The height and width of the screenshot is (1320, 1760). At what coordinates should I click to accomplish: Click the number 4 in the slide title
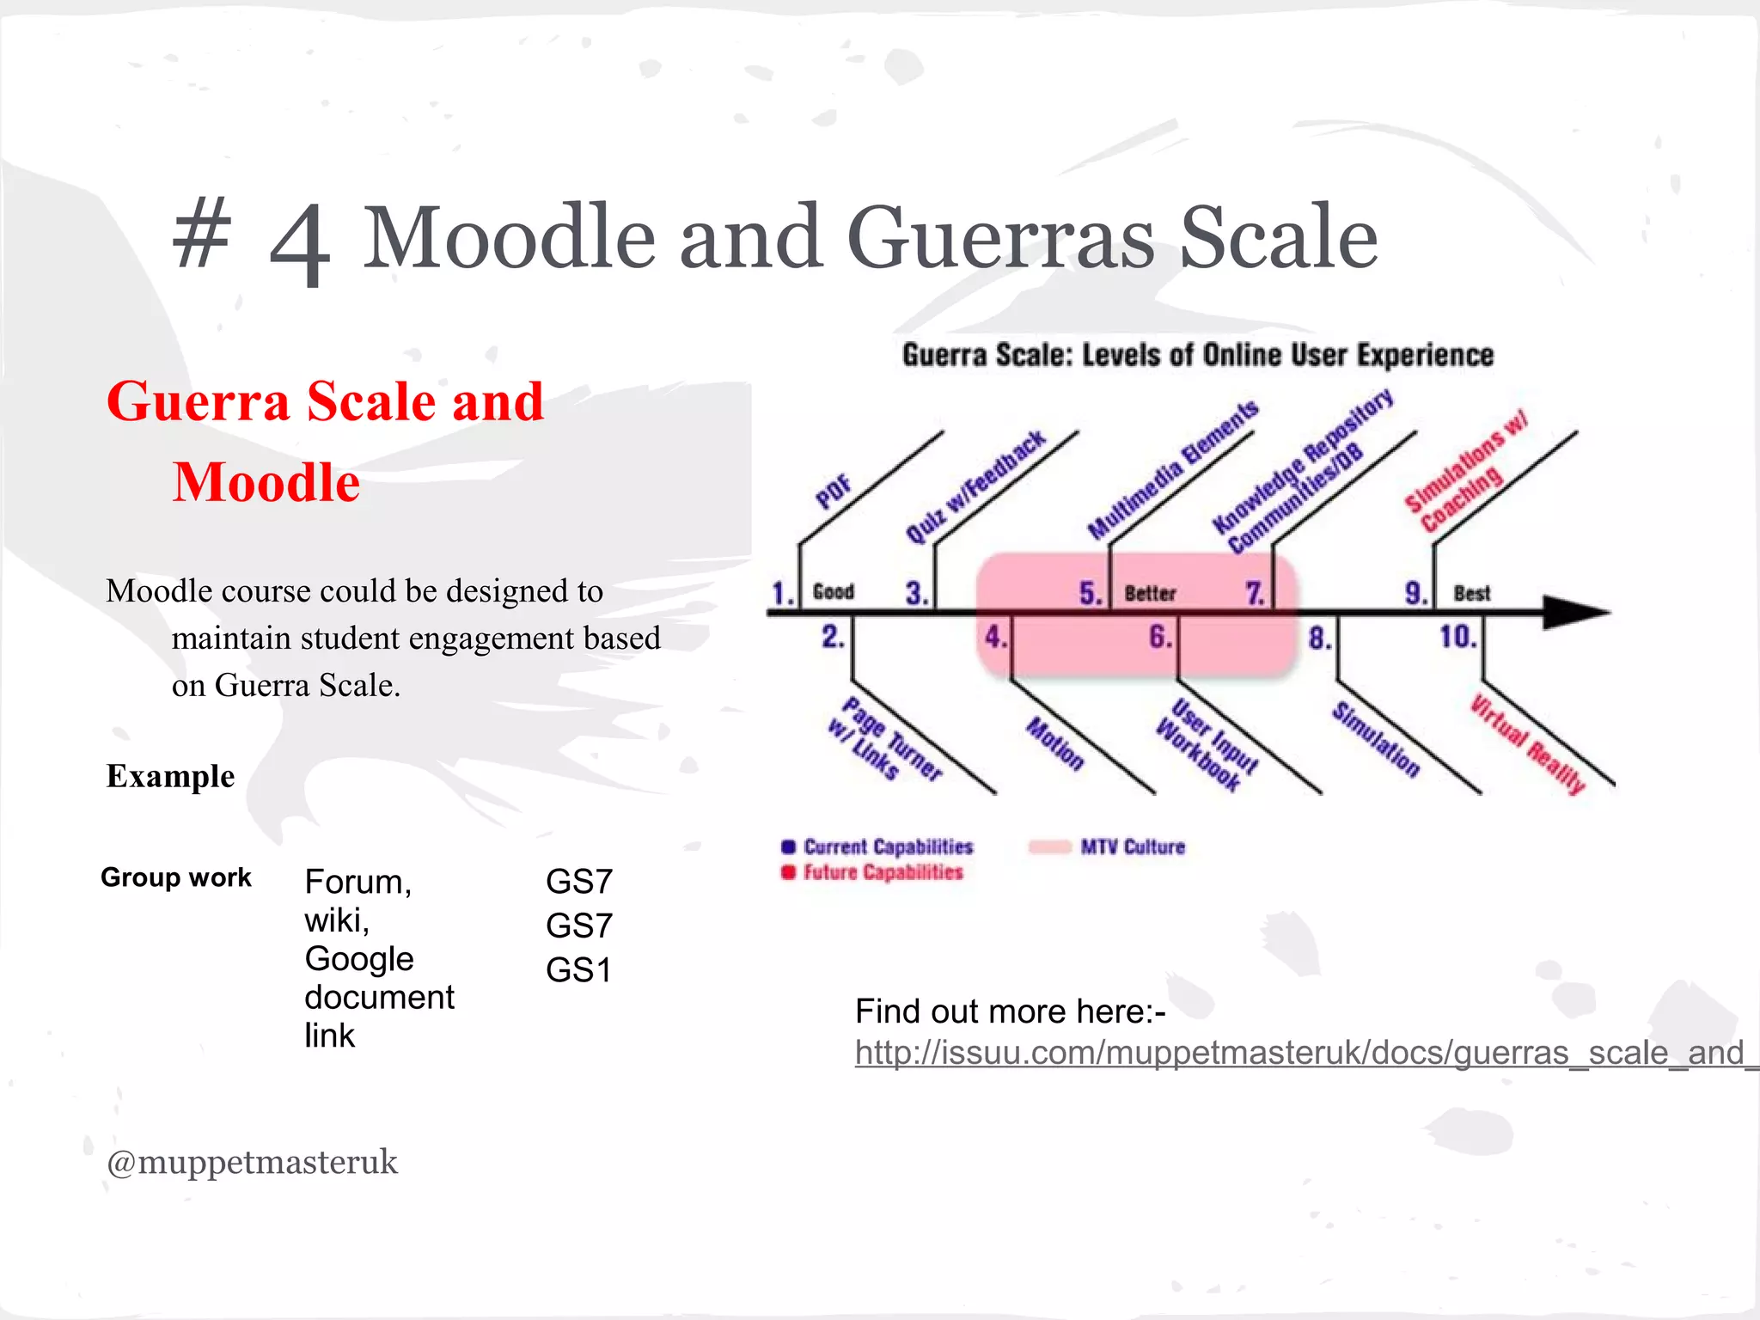tap(299, 244)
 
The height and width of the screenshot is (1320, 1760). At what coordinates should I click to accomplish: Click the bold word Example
tap(170, 776)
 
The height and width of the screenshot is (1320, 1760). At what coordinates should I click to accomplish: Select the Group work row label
tap(176, 877)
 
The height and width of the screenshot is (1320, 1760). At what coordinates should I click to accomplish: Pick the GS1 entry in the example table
tap(578, 970)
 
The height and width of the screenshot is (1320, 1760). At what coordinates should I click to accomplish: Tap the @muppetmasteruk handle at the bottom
tap(252, 1162)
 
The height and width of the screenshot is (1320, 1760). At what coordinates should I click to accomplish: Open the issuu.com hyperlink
tap(1298, 1053)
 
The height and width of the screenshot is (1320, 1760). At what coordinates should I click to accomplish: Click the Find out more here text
tap(1010, 1011)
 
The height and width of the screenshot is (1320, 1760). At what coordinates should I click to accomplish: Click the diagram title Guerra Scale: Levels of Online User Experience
tap(1197, 355)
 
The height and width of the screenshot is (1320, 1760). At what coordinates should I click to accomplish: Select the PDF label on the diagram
tap(833, 492)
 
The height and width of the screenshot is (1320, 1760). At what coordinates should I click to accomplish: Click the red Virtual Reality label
tap(1527, 744)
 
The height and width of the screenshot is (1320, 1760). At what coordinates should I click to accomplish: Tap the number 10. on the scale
tap(1457, 637)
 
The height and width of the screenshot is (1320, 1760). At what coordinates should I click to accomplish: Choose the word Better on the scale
tap(1150, 593)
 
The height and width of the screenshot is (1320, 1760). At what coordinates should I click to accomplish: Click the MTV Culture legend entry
tap(1131, 846)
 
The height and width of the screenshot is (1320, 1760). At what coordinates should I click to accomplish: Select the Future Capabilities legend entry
tap(882, 872)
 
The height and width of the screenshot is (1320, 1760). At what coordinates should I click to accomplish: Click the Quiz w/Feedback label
tap(975, 486)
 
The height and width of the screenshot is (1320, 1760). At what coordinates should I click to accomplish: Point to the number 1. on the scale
tap(782, 593)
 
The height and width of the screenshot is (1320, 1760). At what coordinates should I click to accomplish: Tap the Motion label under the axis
tap(1055, 742)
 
